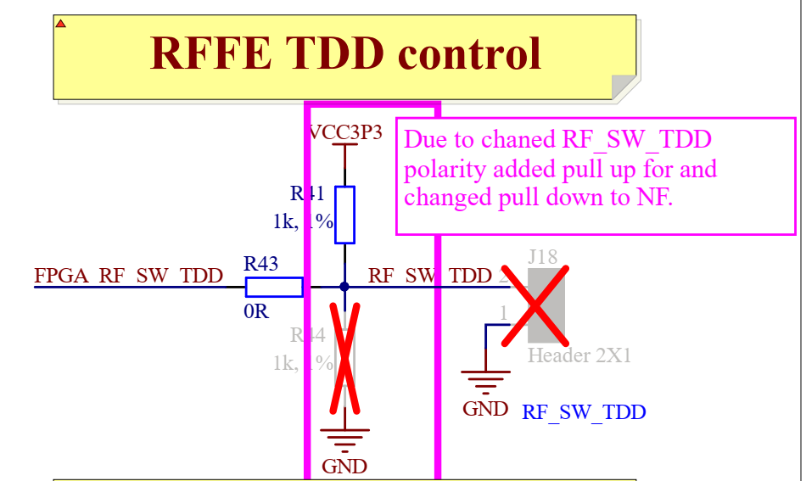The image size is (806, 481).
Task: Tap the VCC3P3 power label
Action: (x=344, y=132)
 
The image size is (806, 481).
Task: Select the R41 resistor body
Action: (x=344, y=215)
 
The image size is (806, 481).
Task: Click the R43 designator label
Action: (x=260, y=264)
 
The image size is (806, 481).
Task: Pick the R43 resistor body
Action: (x=273, y=287)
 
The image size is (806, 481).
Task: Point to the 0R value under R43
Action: (x=255, y=311)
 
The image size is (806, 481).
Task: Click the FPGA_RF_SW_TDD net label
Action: (x=128, y=276)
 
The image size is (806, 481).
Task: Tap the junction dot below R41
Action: (x=344, y=287)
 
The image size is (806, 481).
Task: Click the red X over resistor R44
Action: (x=345, y=356)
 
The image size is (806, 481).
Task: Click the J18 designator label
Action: (x=542, y=256)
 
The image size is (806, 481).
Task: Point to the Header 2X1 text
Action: (x=579, y=355)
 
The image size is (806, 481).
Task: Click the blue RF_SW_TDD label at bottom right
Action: (x=584, y=413)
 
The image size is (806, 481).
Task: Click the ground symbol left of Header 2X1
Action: (x=485, y=383)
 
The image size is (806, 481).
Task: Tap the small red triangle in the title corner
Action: (x=60, y=24)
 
